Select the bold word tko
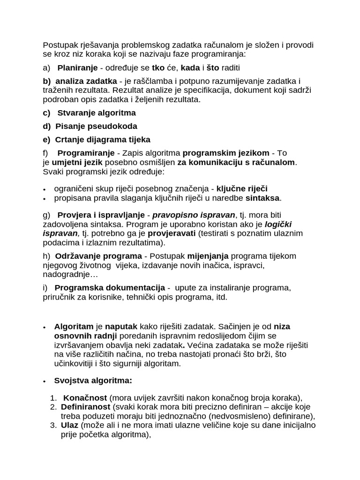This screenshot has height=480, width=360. [x=152, y=68]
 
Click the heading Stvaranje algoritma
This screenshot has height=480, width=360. [x=96, y=113]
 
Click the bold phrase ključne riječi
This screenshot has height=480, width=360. [x=242, y=188]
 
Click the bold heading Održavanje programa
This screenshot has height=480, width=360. [x=98, y=256]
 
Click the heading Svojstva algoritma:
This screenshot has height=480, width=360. [x=93, y=380]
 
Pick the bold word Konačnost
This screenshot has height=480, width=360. [x=85, y=397]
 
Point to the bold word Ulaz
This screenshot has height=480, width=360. [x=70, y=425]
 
